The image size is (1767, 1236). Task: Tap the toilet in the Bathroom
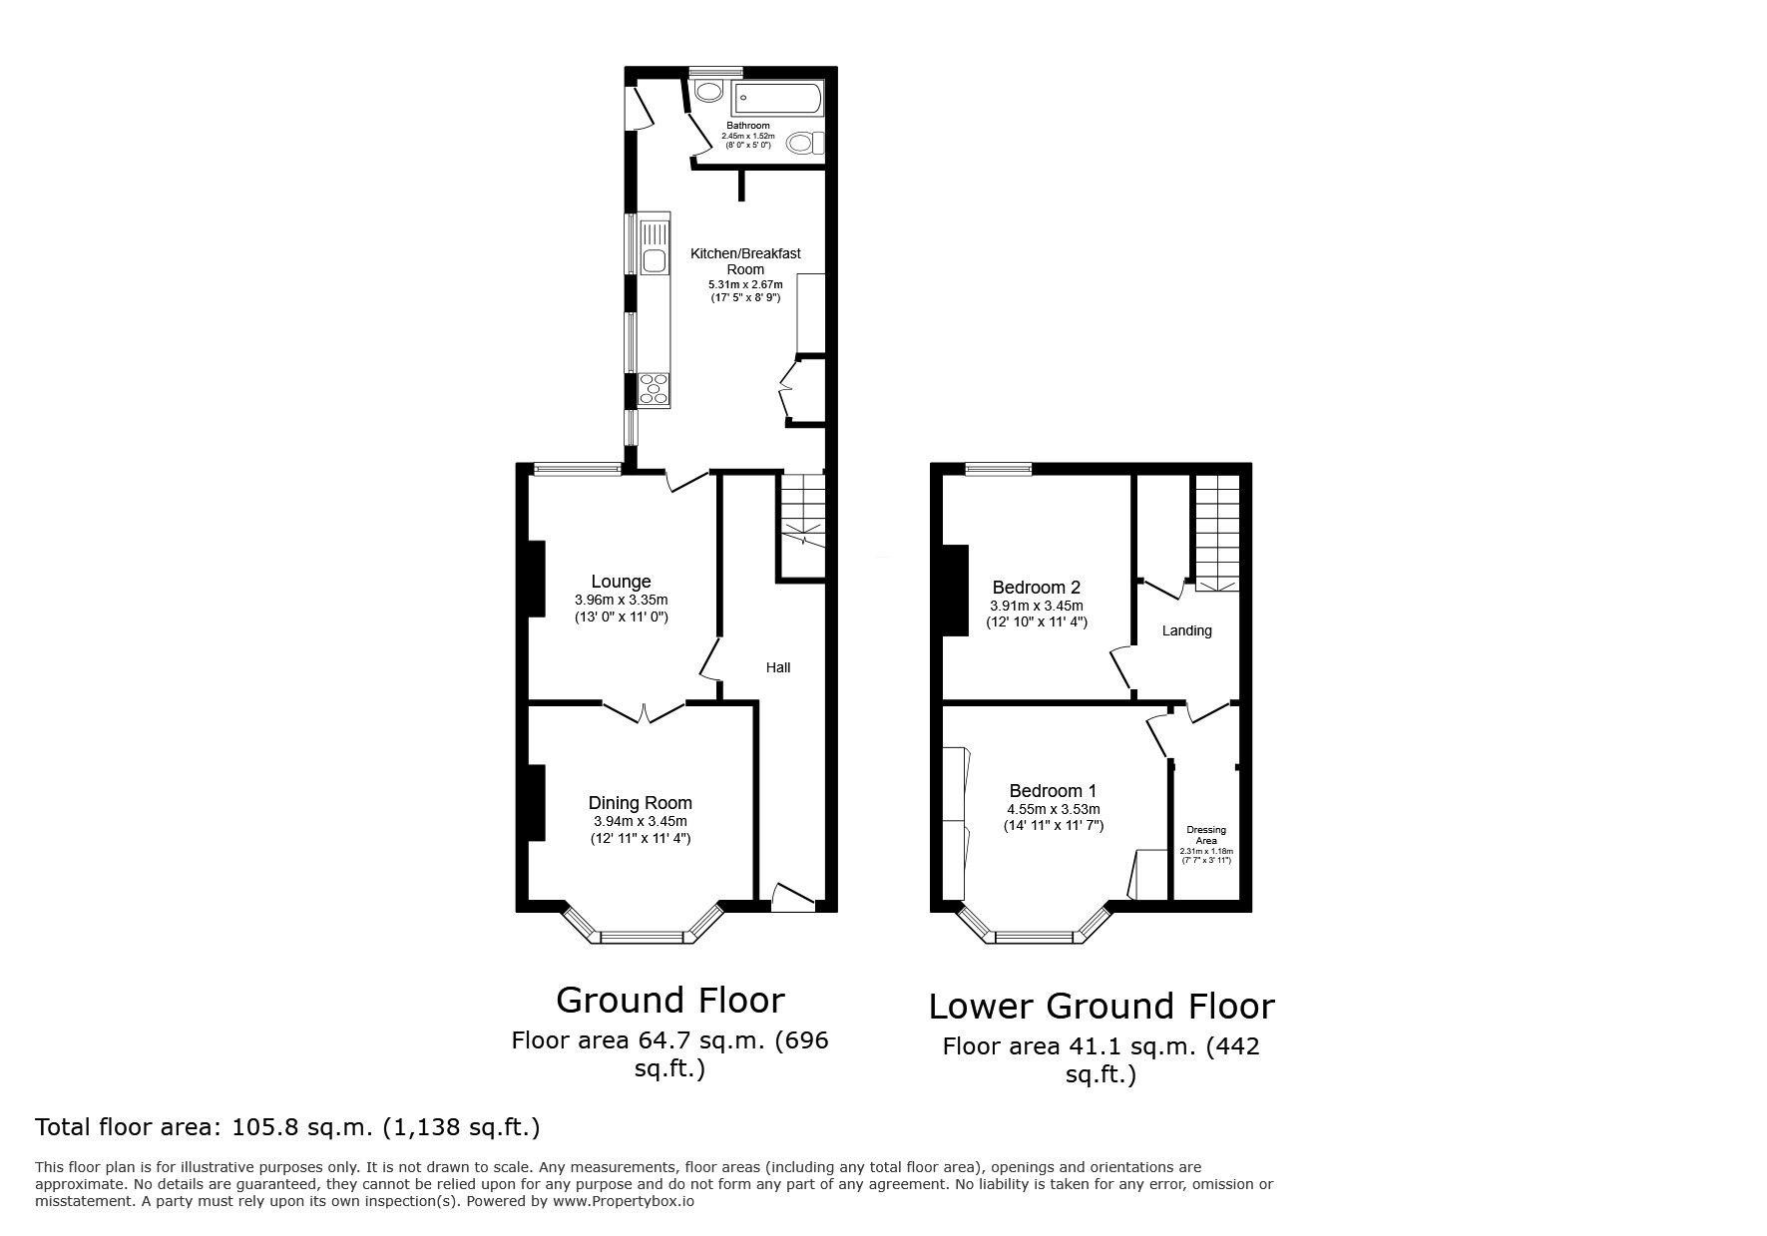(x=803, y=143)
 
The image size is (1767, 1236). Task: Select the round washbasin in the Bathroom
(x=709, y=93)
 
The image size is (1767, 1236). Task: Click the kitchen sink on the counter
(x=655, y=261)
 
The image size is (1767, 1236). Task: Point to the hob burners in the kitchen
(x=655, y=388)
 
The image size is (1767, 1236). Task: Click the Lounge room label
(x=621, y=582)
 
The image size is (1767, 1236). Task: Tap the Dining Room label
(x=640, y=803)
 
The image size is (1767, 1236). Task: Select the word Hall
(x=778, y=667)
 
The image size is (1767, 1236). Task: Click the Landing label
(x=1187, y=630)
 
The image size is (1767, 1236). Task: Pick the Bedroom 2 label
(x=1036, y=588)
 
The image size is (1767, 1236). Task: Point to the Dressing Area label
(x=1206, y=835)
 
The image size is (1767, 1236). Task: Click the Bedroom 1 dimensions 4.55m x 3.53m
(x=1054, y=809)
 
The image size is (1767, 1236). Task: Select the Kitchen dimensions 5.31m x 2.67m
(x=745, y=285)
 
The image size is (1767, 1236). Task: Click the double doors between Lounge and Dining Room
(x=644, y=711)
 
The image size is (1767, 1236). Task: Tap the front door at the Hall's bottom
(x=793, y=897)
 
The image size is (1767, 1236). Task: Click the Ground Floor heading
(x=669, y=1000)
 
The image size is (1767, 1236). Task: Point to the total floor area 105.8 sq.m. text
(x=287, y=1127)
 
